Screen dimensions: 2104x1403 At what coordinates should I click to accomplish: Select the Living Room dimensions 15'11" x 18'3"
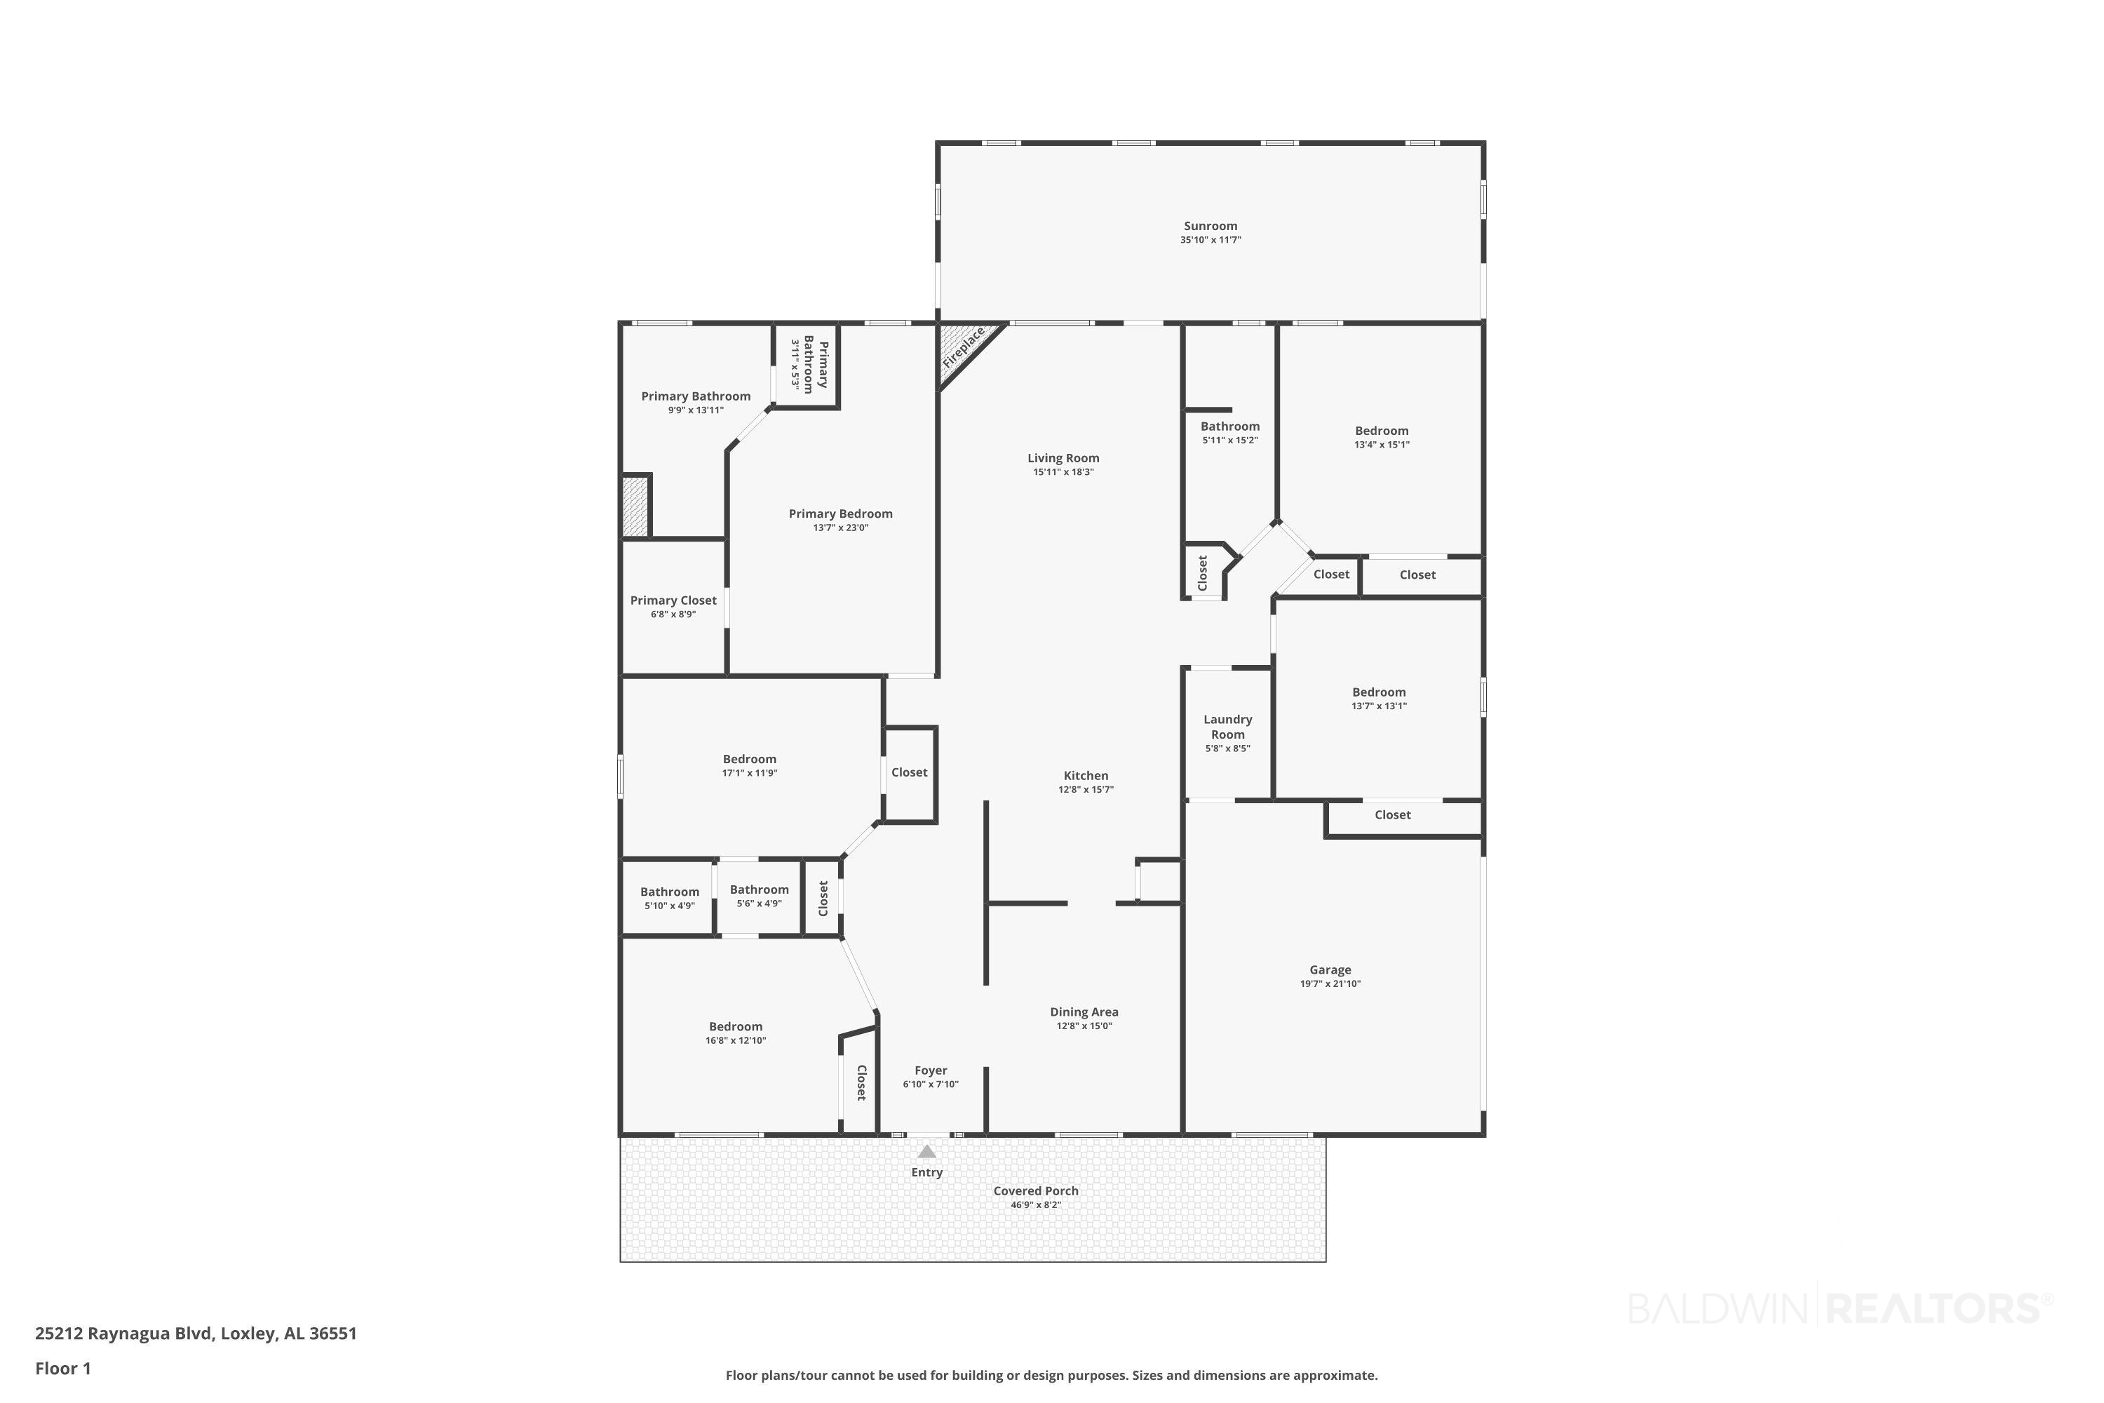tap(1064, 471)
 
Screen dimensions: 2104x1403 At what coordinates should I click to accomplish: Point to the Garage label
tap(1330, 970)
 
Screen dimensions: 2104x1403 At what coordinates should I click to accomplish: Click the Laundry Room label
tap(1227, 727)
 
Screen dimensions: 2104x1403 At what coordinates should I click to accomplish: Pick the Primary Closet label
tap(673, 600)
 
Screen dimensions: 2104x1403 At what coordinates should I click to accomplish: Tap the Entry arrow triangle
tap(926, 1153)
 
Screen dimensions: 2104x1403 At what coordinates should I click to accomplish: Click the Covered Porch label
tap(1036, 1191)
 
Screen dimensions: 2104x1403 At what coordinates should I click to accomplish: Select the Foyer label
tap(931, 1071)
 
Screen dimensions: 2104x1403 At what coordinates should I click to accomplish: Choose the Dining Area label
tap(1084, 1012)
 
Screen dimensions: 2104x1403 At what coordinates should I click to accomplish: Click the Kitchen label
tap(1086, 776)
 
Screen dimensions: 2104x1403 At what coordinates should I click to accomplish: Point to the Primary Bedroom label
tap(840, 513)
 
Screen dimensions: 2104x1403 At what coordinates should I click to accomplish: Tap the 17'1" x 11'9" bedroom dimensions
tap(750, 773)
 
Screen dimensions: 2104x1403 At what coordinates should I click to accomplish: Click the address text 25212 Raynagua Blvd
tap(124, 1334)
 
